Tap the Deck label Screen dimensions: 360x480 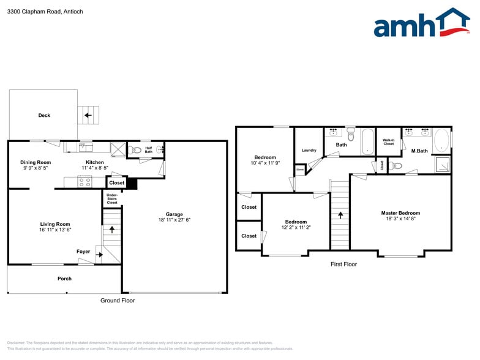(44, 115)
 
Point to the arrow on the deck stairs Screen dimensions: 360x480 (88, 114)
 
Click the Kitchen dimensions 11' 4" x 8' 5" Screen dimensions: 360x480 (95, 168)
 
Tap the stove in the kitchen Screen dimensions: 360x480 (84, 181)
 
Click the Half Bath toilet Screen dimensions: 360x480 (136, 149)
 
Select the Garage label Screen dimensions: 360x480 (174, 214)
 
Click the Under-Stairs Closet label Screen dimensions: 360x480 (112, 198)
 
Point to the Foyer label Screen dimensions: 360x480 (83, 252)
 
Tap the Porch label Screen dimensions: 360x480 (64, 279)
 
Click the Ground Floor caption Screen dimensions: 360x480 (118, 301)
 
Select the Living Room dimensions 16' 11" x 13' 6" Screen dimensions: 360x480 (55, 230)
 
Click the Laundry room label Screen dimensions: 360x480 (309, 150)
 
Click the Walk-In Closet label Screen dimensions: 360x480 (388, 142)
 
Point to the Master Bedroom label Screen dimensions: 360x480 (400, 213)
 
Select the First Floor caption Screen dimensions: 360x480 (343, 264)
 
